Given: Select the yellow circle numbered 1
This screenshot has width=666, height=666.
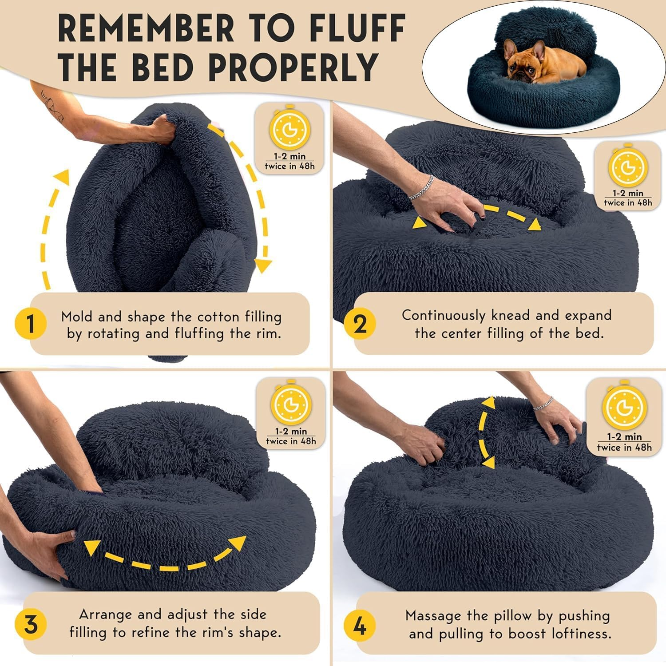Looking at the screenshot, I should [31, 324].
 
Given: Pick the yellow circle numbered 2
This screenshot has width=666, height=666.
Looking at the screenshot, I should [361, 324].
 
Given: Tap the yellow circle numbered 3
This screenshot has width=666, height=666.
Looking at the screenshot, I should [31, 625].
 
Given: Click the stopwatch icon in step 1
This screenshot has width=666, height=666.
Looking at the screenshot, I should [290, 129].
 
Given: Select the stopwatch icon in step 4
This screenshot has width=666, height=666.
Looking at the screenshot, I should [624, 408].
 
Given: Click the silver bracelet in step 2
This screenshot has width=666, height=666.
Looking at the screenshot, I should [420, 186].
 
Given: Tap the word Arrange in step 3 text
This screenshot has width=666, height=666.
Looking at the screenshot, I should [106, 614].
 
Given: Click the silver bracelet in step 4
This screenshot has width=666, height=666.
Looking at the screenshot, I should [543, 402].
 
